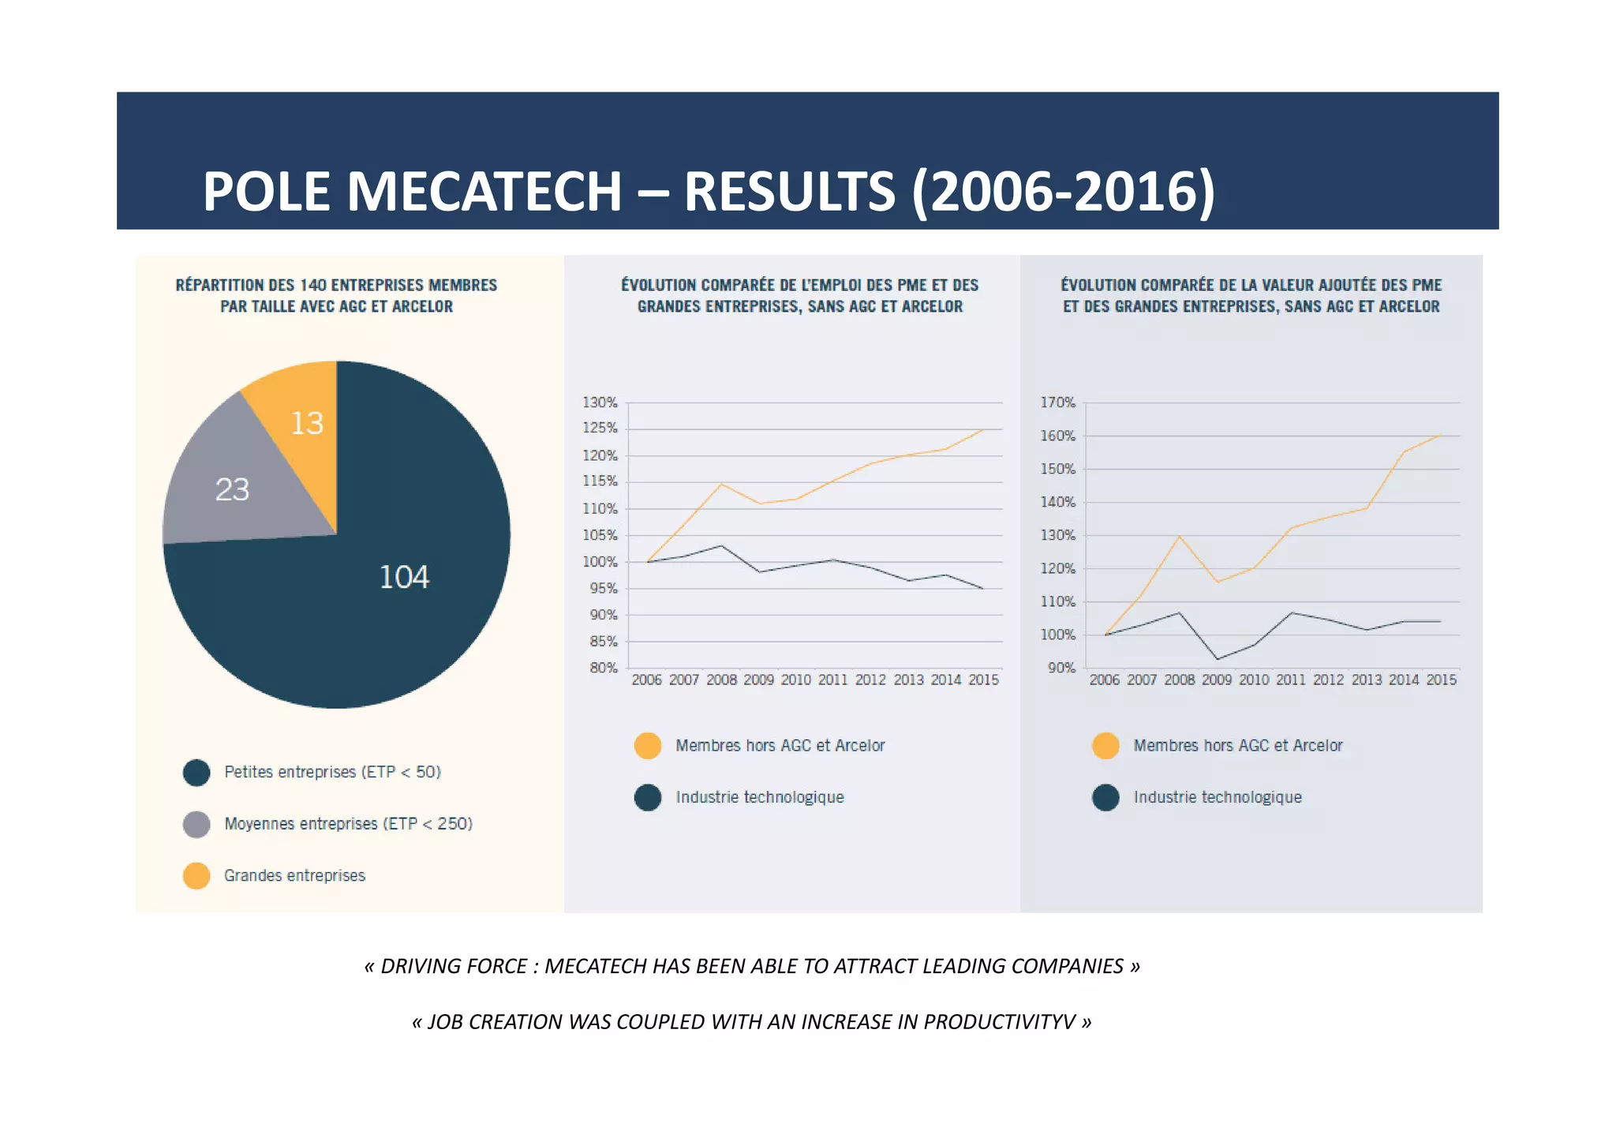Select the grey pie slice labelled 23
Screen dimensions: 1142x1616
click(x=232, y=490)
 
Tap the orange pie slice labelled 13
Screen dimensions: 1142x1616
click(x=307, y=424)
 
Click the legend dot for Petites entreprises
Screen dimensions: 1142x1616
click(x=196, y=773)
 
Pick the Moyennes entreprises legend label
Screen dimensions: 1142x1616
click(x=348, y=824)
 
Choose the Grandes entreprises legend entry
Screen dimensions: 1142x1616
click(x=294, y=876)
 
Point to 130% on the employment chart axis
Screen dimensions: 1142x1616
click(x=600, y=403)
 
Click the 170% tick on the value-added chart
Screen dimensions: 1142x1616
click(x=1057, y=403)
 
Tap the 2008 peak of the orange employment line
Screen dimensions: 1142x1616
click(x=721, y=484)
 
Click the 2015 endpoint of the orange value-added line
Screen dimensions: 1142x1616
click(x=1441, y=435)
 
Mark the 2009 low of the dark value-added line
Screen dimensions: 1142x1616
click(x=1218, y=659)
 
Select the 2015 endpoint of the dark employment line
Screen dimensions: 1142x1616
click(x=982, y=588)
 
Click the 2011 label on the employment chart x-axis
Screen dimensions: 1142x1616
click(x=833, y=680)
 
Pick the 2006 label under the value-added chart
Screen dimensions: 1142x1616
click(x=1104, y=680)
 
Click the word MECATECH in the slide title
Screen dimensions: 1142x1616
click(x=484, y=192)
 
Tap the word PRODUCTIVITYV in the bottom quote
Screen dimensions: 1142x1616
click(x=999, y=1022)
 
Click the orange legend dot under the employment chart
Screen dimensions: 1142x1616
click(x=648, y=746)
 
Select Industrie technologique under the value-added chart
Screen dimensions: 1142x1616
click(x=1218, y=798)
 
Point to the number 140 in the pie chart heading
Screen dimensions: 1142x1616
click(x=313, y=285)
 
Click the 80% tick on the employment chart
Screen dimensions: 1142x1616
click(x=603, y=668)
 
